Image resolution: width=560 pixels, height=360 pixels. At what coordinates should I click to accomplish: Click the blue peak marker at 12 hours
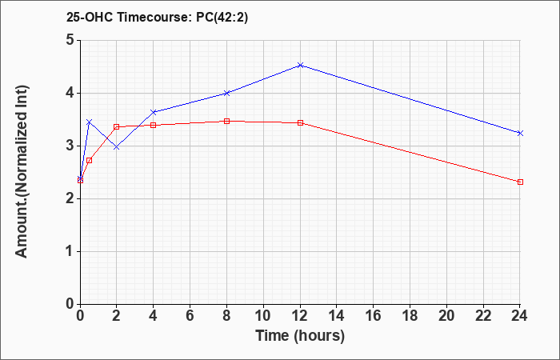click(300, 66)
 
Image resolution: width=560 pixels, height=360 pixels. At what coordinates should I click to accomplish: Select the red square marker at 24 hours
click(520, 182)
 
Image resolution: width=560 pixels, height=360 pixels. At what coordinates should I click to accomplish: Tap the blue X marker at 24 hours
click(520, 134)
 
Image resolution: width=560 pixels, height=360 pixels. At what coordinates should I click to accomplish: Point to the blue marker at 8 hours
click(226, 94)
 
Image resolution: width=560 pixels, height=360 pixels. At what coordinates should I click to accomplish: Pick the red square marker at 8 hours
click(226, 122)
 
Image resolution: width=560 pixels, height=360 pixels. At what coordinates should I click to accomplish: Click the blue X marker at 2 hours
click(117, 147)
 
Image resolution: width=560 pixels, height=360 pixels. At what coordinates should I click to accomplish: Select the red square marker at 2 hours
click(117, 126)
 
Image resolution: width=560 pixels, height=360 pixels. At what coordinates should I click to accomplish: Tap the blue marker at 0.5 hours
click(90, 122)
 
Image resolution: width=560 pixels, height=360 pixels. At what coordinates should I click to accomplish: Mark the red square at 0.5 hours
click(90, 160)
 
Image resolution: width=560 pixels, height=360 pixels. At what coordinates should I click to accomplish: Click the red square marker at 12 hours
click(300, 123)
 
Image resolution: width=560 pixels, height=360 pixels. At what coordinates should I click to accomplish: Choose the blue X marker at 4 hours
click(154, 112)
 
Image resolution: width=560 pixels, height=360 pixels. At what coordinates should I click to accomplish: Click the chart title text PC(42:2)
click(222, 18)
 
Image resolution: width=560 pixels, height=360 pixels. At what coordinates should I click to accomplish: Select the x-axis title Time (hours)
click(300, 336)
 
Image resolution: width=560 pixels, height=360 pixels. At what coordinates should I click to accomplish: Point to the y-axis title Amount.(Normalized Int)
click(22, 171)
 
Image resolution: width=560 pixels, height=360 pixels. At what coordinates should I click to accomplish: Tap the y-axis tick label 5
click(70, 40)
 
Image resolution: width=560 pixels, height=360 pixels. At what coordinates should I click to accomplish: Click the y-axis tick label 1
click(70, 251)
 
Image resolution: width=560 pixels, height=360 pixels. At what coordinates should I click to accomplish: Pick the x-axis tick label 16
click(374, 316)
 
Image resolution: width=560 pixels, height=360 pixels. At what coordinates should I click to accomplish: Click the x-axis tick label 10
click(263, 316)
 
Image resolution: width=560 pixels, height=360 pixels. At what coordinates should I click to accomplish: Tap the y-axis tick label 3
click(70, 146)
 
